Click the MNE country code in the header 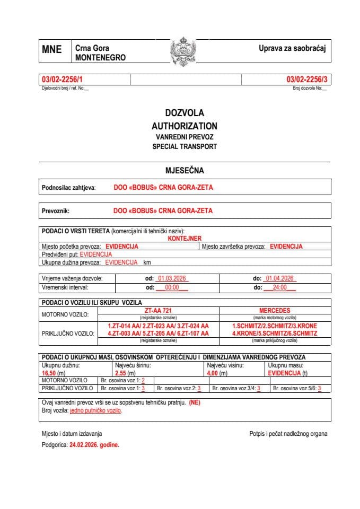(x=51, y=50)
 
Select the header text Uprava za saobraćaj (x=291, y=49)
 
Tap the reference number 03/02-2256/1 (x=62, y=80)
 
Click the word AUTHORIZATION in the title (x=185, y=126)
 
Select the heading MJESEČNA (x=185, y=171)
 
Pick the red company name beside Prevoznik (x=163, y=210)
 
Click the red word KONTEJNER (x=185, y=239)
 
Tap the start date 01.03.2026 (x=171, y=278)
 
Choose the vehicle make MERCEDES (x=275, y=310)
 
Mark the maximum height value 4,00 (x=213, y=373)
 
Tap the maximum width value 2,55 (x=121, y=373)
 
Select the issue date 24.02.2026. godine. (x=94, y=445)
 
